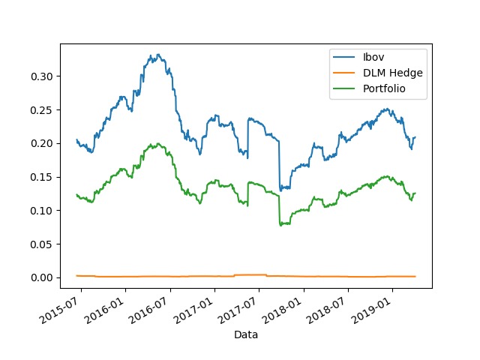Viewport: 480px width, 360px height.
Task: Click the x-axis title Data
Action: [x=246, y=334]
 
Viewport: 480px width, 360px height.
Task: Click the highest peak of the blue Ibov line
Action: [x=157, y=55]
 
